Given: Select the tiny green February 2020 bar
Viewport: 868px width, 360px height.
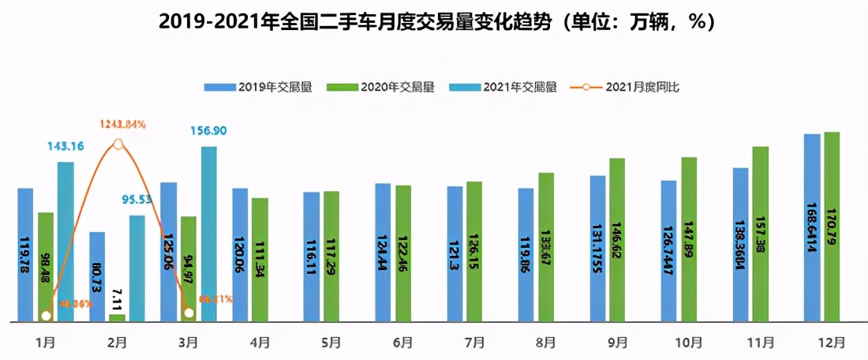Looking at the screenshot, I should [x=117, y=317].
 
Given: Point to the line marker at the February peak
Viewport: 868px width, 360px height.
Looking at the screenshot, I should [x=118, y=144].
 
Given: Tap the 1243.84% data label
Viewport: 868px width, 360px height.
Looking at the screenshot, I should [x=122, y=124].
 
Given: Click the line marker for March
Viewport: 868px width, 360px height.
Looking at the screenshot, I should [x=188, y=313].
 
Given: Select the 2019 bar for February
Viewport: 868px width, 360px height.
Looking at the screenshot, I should [x=97, y=276].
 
